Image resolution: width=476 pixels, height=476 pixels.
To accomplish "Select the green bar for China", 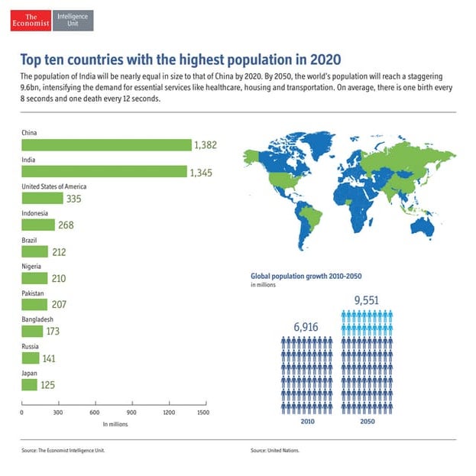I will pos(106,145).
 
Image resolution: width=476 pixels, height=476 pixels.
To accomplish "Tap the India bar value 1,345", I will pos(202,172).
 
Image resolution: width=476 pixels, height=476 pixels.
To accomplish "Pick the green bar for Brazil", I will pos(35,251).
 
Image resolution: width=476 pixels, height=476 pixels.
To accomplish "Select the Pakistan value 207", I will pos(60,305).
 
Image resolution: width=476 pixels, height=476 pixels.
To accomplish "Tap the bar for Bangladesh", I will pos(32,331).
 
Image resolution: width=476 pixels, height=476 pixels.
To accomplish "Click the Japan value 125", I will pos(48,384).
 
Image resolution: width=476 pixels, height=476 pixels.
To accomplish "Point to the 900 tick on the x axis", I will pos(130,413).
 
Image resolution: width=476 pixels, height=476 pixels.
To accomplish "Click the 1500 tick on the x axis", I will pos(202,413).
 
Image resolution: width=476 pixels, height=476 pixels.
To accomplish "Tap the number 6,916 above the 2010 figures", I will pos(306,327).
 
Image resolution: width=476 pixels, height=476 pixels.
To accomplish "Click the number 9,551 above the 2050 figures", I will pos(367,300).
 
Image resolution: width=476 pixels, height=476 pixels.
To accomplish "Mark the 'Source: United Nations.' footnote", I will pos(275,451).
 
